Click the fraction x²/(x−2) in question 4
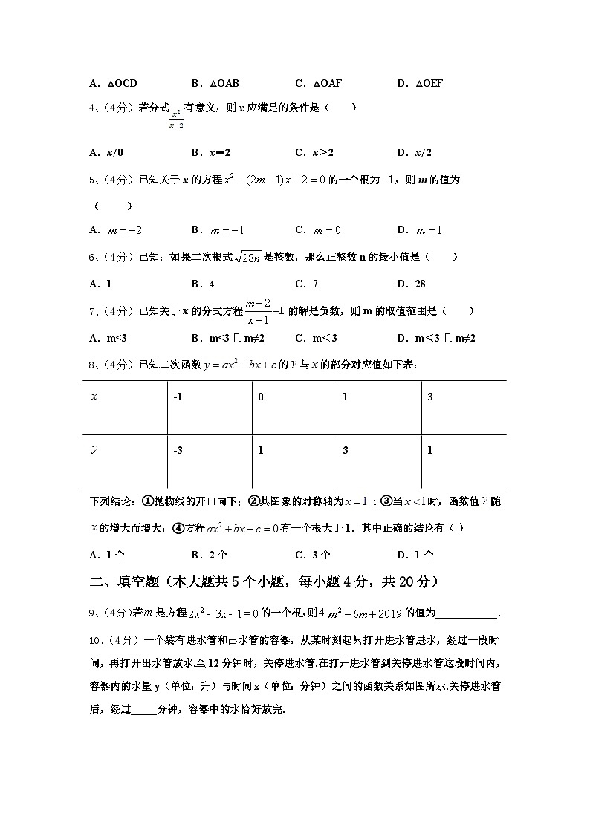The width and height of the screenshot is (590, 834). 176,119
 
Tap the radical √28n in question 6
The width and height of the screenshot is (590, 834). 247,258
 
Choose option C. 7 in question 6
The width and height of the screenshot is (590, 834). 306,284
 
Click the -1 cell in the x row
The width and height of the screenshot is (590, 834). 178,397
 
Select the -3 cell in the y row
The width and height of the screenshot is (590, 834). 178,451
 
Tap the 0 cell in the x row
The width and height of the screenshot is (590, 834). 261,397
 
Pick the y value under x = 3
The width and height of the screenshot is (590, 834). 430,451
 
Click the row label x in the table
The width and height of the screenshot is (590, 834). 94,397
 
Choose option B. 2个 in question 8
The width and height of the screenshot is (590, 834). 209,555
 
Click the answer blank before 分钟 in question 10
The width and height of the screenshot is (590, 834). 144,709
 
